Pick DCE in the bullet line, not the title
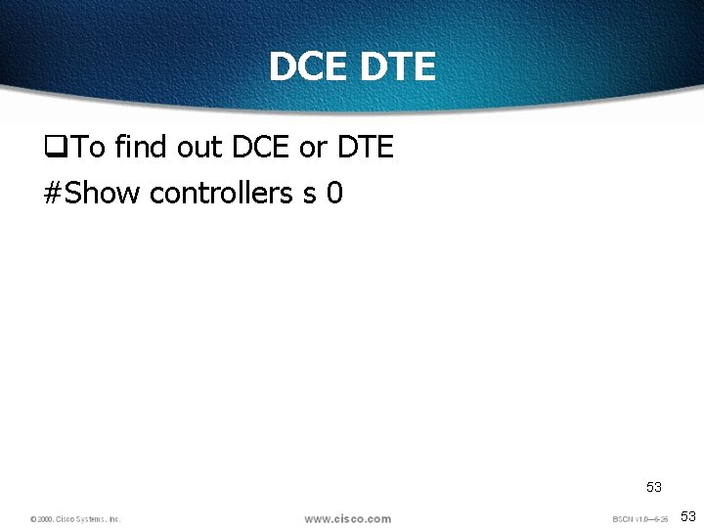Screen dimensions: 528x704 (261, 148)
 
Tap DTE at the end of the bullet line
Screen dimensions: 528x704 (365, 148)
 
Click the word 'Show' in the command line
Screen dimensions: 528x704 (103, 193)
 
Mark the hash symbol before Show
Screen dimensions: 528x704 (54, 193)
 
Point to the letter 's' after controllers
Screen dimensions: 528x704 (309, 194)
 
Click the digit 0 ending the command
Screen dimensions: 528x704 (334, 193)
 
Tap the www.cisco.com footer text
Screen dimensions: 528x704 (347, 518)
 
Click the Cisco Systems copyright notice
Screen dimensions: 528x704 (75, 519)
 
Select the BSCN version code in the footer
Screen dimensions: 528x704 (639, 519)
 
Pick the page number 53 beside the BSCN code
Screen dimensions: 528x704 (687, 516)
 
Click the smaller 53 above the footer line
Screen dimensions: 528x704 (653, 486)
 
